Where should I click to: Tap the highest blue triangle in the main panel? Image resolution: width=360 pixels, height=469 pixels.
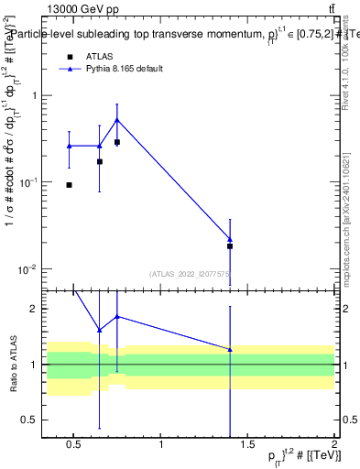117,119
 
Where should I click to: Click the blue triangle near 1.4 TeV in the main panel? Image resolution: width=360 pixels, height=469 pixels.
230,239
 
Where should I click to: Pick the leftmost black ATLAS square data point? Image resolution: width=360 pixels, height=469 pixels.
70,185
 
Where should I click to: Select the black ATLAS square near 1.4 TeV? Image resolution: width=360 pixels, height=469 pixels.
230,246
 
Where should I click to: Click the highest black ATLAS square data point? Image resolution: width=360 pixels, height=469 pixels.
117,142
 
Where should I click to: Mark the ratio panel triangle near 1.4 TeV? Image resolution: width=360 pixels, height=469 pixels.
230,349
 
